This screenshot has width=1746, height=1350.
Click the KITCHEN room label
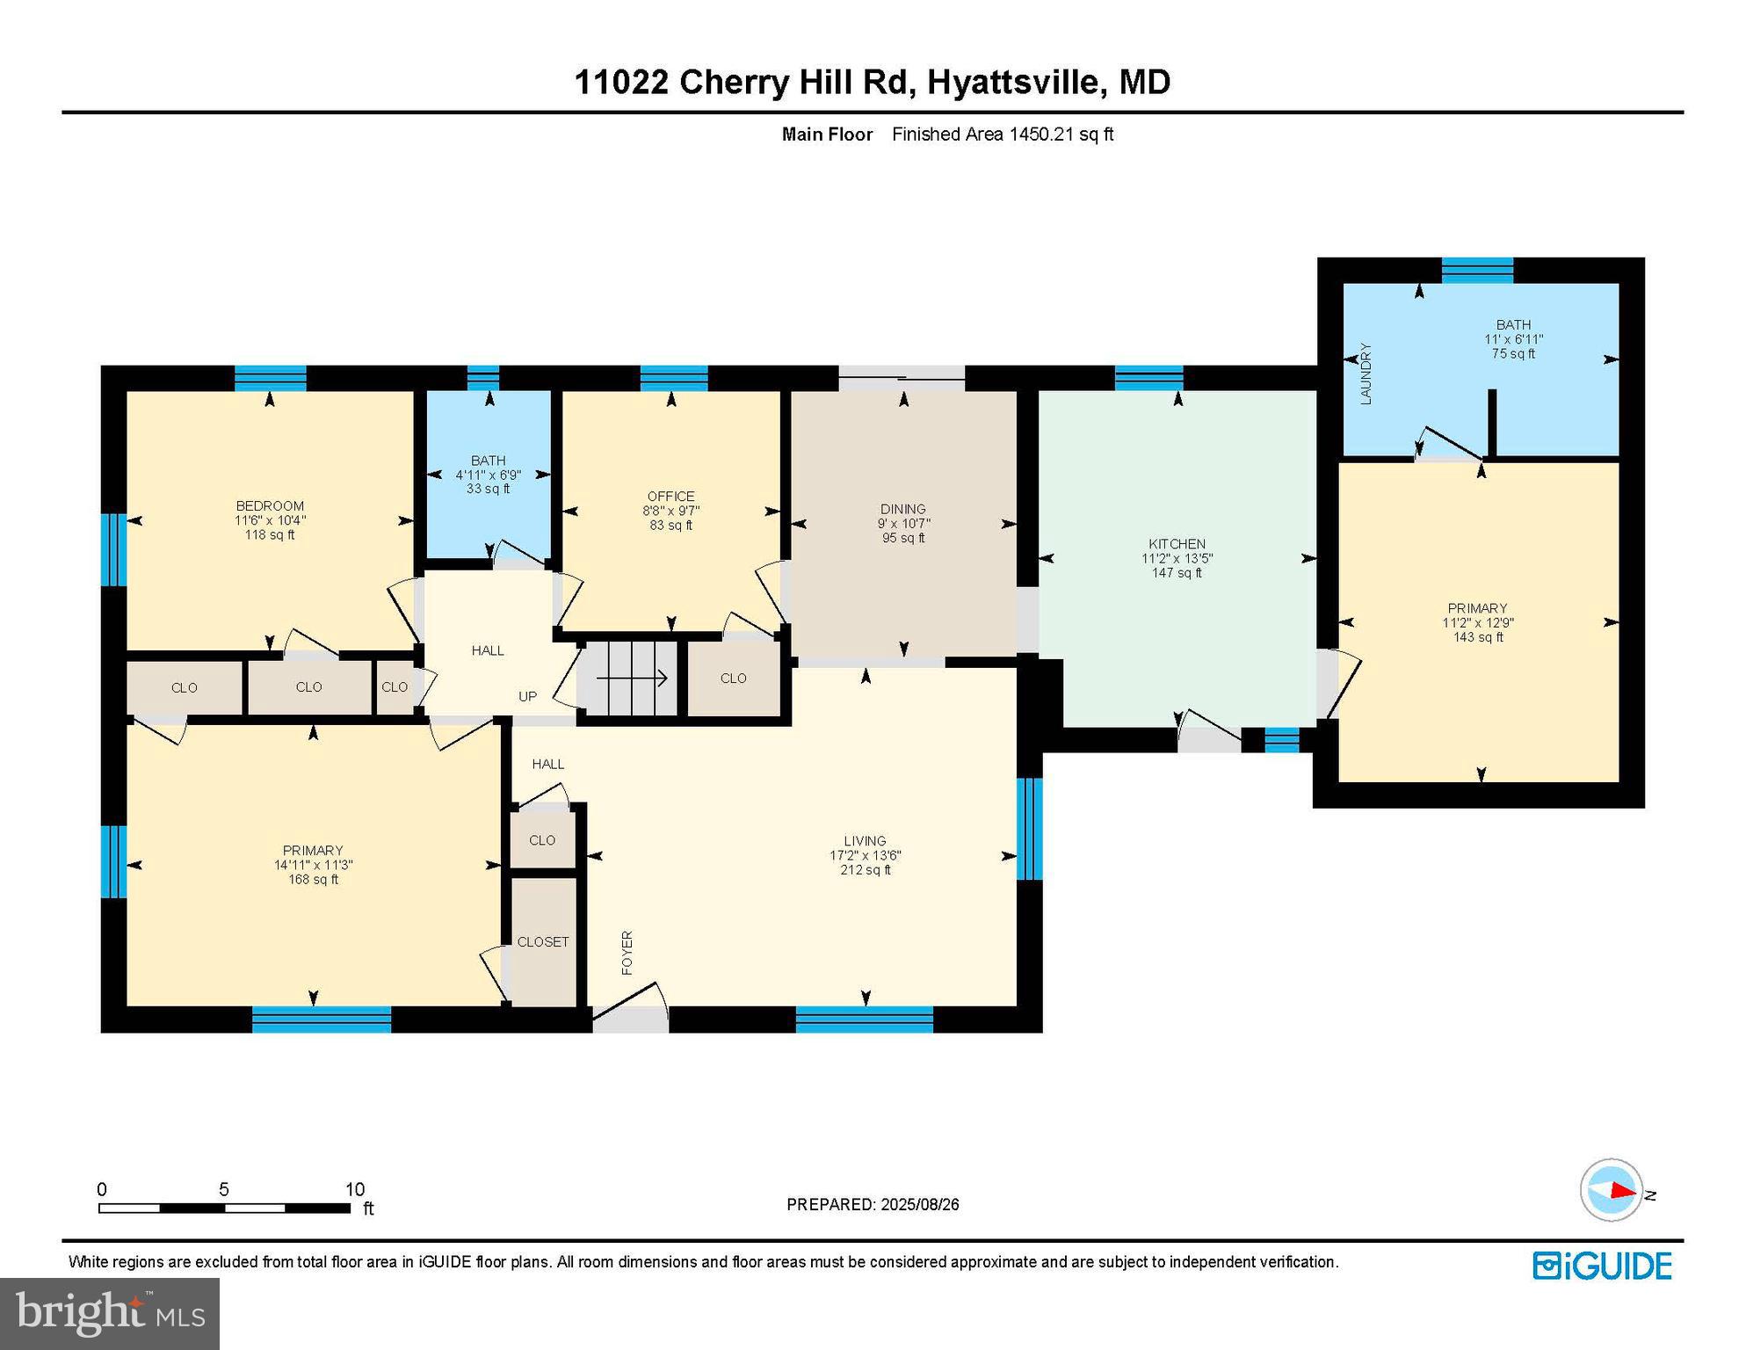coord(1177,544)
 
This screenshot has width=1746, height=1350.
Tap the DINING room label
coord(902,509)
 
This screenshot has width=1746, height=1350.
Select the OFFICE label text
coord(670,497)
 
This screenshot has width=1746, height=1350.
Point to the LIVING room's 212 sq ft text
coord(865,870)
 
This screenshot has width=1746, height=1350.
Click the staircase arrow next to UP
coord(632,678)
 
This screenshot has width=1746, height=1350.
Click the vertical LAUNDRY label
coord(1366,374)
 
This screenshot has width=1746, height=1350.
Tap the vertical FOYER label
coord(627,953)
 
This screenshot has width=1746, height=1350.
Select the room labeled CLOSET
coord(543,941)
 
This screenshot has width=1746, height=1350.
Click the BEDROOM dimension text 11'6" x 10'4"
coord(270,520)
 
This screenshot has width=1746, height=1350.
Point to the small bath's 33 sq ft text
coord(488,489)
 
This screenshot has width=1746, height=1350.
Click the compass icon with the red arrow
coord(1612,1190)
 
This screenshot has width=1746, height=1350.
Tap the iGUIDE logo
coord(1602,1266)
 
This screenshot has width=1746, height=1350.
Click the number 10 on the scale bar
coord(354,1189)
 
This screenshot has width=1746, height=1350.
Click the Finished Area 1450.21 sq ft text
coord(1002,134)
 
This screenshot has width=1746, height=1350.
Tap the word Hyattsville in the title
coord(1015,82)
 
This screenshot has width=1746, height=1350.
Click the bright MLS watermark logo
coord(110,1312)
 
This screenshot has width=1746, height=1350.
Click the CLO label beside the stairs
coord(733,679)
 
